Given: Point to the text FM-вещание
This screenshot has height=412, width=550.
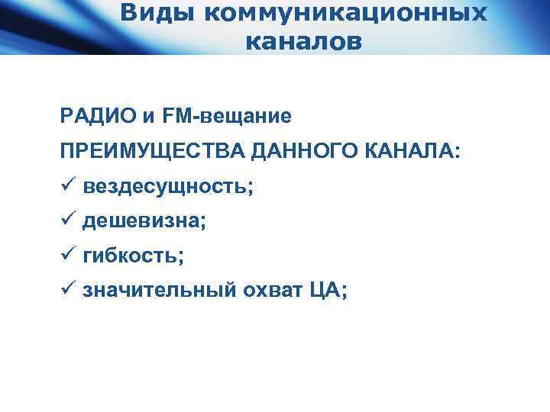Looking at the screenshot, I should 228,117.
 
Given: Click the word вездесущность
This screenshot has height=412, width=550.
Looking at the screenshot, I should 164,187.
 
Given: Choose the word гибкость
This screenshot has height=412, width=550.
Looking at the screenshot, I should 130,256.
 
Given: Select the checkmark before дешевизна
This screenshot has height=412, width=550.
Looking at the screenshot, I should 67,220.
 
